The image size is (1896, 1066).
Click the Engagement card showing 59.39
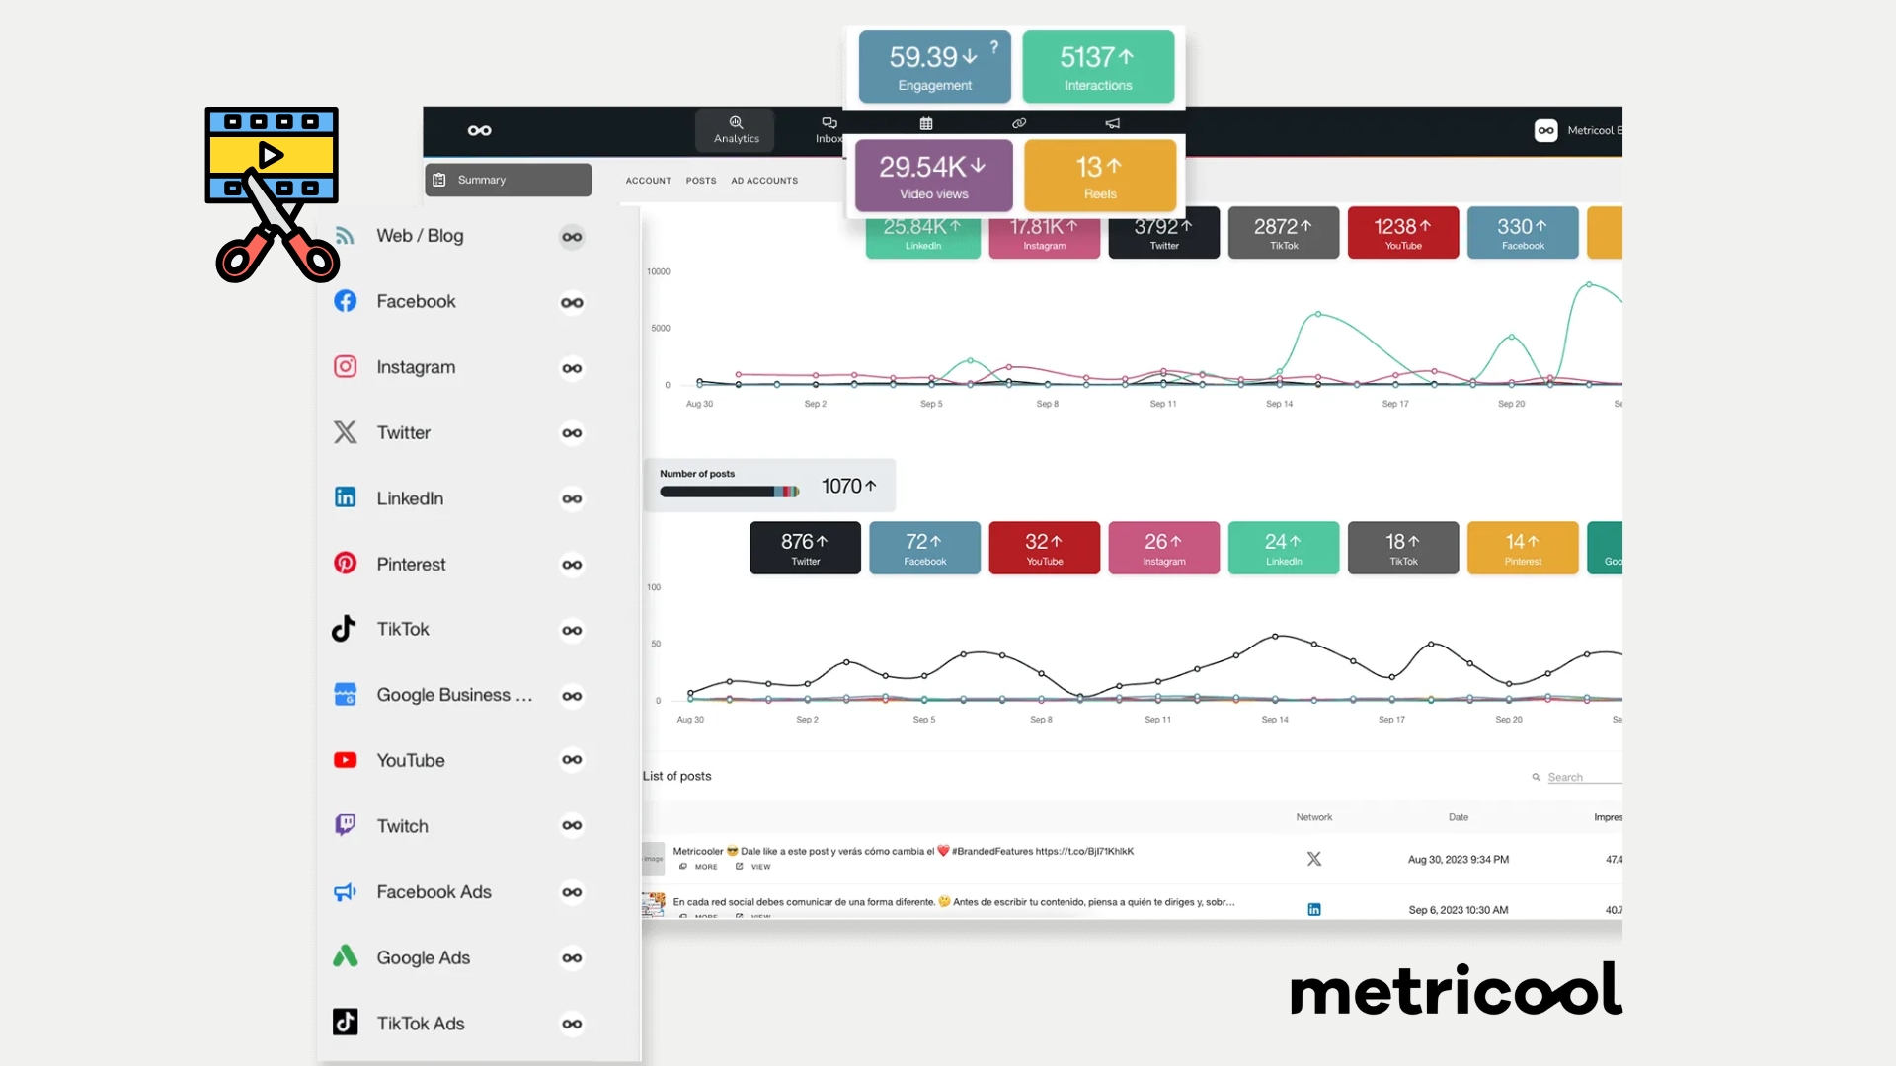[x=934, y=66]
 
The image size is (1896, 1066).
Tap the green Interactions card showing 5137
[x=1098, y=66]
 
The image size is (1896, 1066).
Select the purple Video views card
[x=933, y=176]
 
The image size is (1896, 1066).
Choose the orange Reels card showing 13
[x=1100, y=176]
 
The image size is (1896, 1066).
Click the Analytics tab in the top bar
[x=736, y=130]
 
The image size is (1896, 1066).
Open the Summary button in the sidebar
[x=509, y=180]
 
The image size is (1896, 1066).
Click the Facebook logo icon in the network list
[x=345, y=301]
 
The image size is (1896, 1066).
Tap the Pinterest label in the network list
[x=411, y=565]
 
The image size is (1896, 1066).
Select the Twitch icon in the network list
[x=345, y=825]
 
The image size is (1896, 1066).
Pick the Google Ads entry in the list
[x=423, y=957]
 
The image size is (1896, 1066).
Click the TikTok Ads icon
[x=345, y=1023]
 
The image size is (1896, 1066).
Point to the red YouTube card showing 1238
[x=1402, y=233]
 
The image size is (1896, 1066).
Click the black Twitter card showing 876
[x=805, y=548]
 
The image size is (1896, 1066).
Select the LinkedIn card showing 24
[x=1283, y=548]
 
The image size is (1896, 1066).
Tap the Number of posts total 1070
[x=848, y=486]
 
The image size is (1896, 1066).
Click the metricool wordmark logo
[x=1456, y=990]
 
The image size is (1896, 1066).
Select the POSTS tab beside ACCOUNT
[x=701, y=181]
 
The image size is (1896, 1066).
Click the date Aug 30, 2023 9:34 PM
[x=1458, y=860]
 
